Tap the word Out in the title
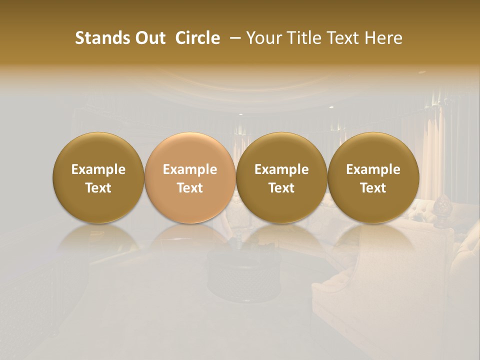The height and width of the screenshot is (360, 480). (x=148, y=38)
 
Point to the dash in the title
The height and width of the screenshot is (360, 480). (x=233, y=38)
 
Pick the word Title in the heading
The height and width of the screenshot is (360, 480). (x=303, y=38)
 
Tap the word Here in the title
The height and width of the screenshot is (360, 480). (x=383, y=38)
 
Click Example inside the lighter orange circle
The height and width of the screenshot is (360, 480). (x=190, y=169)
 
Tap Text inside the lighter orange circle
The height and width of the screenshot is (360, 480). (x=190, y=188)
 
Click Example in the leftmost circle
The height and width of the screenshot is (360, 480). (x=98, y=169)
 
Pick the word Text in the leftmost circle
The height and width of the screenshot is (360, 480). (x=98, y=188)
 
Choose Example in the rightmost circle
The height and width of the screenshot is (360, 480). (x=373, y=169)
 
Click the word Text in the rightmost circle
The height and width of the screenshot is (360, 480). (x=373, y=188)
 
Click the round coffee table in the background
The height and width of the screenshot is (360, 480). (x=244, y=272)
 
